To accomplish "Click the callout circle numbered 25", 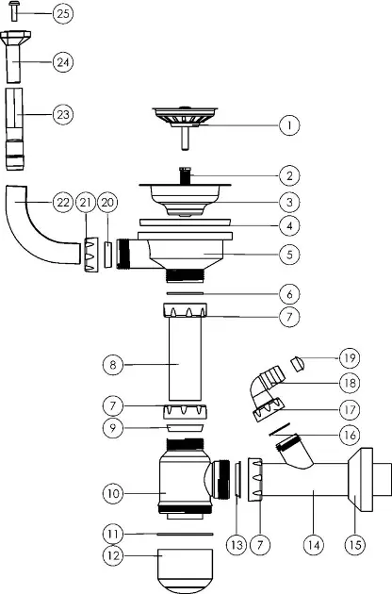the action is coord(63,13).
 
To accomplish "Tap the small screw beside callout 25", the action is coord(15,11).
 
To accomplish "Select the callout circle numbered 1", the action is coord(289,125).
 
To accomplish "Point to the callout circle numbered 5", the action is coord(289,255).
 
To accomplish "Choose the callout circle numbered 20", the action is coord(107,203).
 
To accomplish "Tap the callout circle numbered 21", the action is coord(86,203).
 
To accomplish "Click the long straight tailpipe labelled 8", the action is coord(185,359).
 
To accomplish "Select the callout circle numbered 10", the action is coord(113,493).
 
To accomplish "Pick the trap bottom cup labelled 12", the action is coord(186,570).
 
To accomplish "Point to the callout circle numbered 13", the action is coord(237,545).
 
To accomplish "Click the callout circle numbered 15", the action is coord(355,545).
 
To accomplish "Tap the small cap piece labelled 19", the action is coord(298,364).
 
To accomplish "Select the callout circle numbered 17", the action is coord(350,409).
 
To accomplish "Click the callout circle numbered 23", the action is coord(63,114).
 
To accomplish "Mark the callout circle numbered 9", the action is coord(113,428).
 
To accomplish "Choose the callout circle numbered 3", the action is coord(289,203).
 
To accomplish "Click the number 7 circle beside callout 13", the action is coord(260,545).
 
